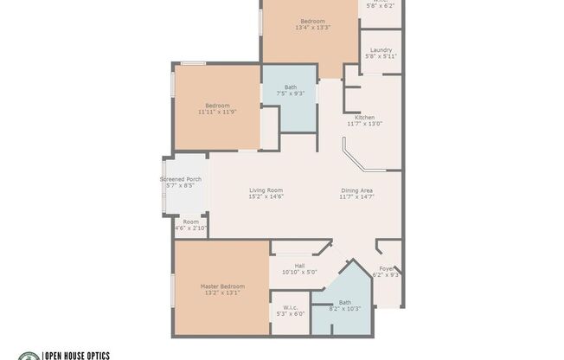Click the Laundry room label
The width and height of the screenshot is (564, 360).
[381, 50]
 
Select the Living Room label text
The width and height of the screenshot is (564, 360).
[266, 190]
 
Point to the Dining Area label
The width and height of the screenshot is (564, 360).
[356, 190]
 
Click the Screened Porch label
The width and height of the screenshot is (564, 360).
[181, 179]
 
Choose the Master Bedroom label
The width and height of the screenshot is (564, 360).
[222, 286]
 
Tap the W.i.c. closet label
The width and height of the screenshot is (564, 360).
[290, 307]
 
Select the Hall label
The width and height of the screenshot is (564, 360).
[299, 266]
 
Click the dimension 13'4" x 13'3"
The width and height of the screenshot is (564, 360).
[313, 28]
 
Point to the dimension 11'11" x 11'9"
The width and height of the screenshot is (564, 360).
[216, 112]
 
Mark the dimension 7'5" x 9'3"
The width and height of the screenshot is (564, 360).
[290, 93]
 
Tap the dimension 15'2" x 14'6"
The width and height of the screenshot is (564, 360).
[266, 196]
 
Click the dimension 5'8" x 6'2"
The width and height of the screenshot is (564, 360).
[381, 5]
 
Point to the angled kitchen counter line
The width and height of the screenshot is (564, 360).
[354, 160]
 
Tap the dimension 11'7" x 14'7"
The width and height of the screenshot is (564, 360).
[356, 196]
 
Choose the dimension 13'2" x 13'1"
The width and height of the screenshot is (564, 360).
[222, 292]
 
